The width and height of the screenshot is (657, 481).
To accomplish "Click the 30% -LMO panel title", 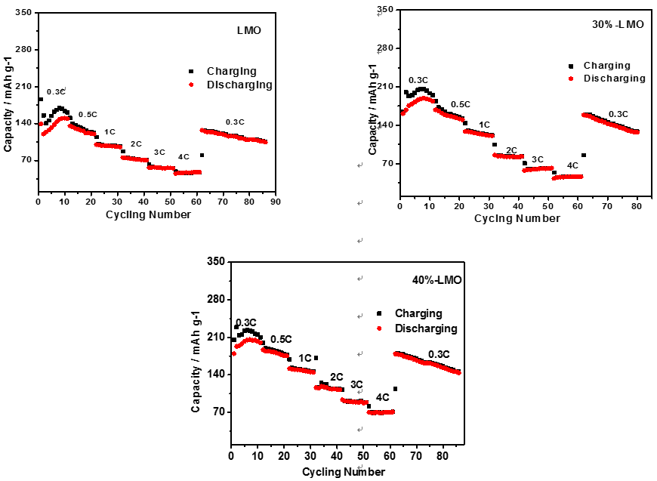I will click(x=617, y=24).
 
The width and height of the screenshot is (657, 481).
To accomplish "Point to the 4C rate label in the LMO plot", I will click(x=184, y=157).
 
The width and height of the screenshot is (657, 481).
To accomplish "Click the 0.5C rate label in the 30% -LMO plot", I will click(x=461, y=104).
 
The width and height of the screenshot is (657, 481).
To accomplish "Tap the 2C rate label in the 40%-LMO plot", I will click(x=336, y=377).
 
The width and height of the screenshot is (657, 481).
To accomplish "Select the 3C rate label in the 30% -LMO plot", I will click(x=537, y=159).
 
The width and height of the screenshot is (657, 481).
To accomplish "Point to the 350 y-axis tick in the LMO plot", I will click(x=23, y=13).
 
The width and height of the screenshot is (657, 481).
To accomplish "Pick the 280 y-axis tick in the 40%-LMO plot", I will click(x=216, y=299).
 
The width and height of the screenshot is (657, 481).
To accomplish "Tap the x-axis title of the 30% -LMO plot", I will click(x=517, y=218).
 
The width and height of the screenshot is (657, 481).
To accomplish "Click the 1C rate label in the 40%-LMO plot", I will click(x=305, y=358).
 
